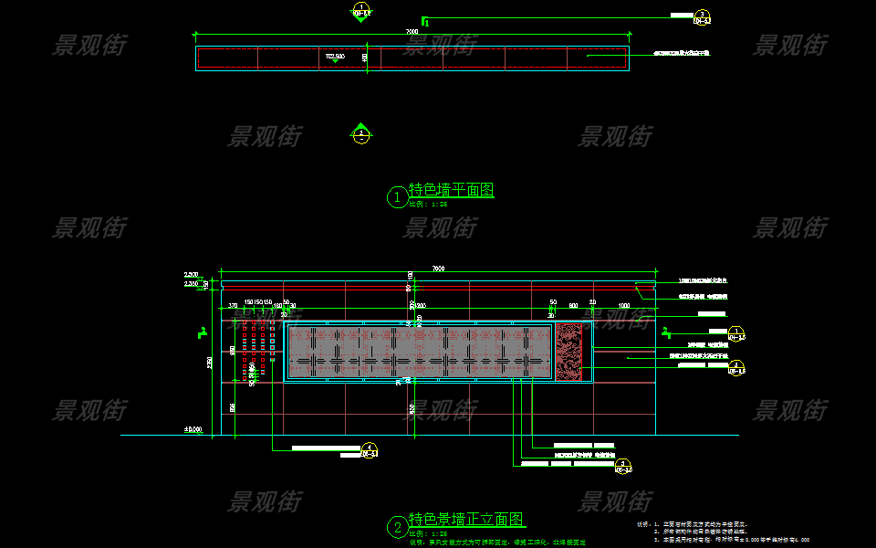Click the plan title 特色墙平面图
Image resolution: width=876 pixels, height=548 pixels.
[x=452, y=191]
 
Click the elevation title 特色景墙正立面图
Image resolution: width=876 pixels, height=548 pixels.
[x=466, y=520]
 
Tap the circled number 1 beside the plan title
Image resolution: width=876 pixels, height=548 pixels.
[x=397, y=196]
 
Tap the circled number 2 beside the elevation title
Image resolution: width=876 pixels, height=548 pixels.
[x=397, y=527]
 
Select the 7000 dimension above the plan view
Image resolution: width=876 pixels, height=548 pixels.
[x=412, y=32]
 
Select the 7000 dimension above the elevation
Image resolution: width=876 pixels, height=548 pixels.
[x=438, y=269]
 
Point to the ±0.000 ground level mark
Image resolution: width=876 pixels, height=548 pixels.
[x=193, y=429]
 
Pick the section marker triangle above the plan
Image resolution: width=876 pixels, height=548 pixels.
[x=360, y=12]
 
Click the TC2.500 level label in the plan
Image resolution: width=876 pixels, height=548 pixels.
[x=335, y=57]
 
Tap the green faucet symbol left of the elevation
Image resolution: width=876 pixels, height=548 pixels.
[x=202, y=332]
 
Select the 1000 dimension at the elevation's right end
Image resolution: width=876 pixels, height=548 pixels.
[x=624, y=306]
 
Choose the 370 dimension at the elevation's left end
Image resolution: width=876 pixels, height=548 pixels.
[x=233, y=306]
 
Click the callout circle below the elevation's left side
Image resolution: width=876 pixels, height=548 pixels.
[x=369, y=450]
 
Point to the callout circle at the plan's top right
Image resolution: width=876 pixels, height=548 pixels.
[x=702, y=17]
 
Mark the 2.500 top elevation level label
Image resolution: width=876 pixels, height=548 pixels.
[x=192, y=275]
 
